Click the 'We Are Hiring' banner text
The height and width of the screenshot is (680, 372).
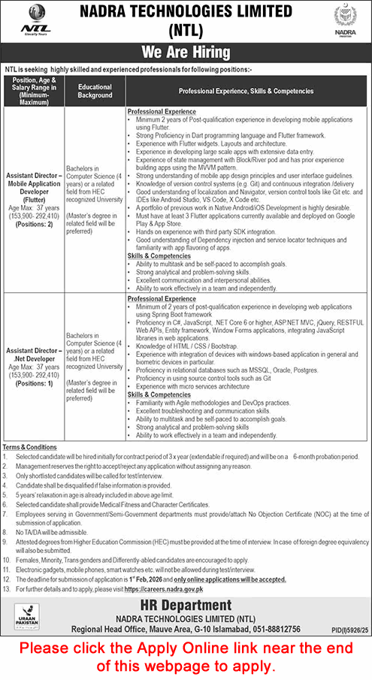186,53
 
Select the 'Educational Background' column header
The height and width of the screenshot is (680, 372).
95,91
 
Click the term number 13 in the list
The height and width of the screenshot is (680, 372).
7,590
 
